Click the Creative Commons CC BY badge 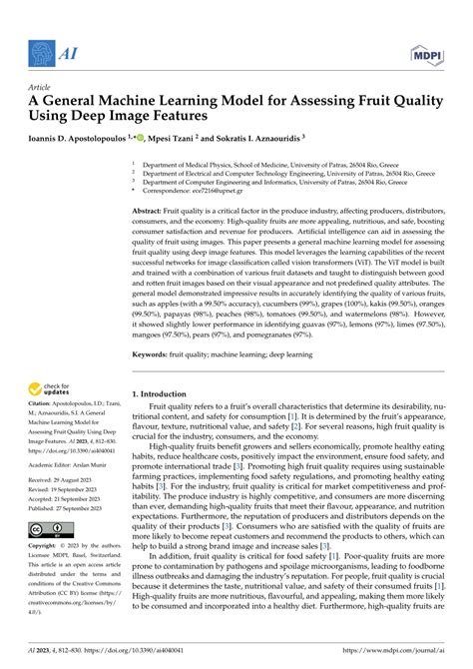tap(52, 528)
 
